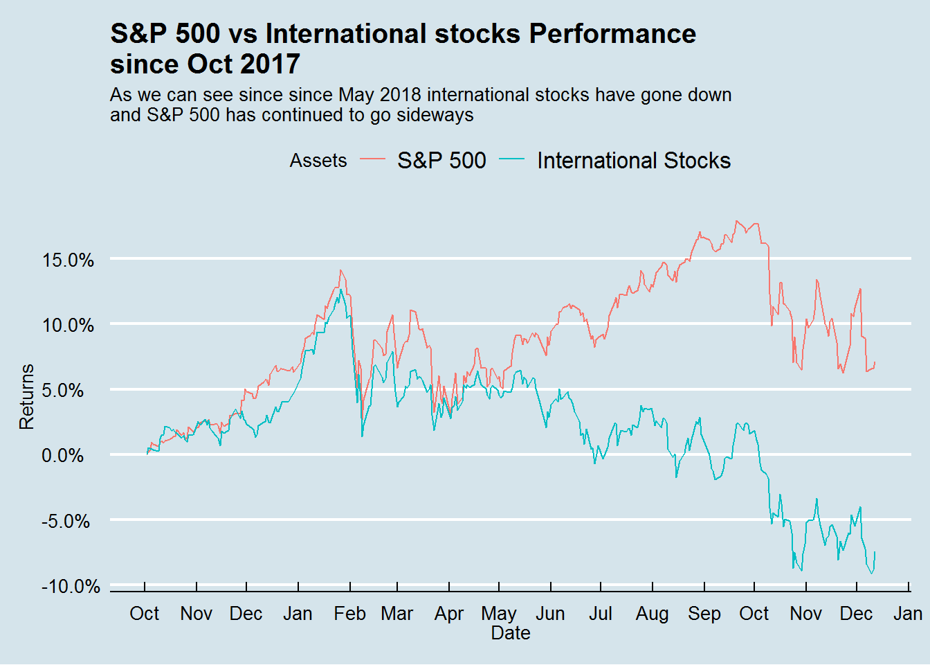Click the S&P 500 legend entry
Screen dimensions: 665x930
click(441, 161)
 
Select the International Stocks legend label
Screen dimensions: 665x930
click(633, 161)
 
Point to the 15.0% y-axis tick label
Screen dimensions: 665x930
click(68, 260)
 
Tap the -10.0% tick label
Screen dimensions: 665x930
click(71, 587)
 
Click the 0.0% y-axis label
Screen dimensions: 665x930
click(63, 456)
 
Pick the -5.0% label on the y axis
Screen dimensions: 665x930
click(66, 521)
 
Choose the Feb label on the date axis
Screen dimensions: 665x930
click(349, 614)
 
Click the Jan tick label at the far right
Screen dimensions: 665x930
click(908, 614)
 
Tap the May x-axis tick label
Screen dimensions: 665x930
click(499, 614)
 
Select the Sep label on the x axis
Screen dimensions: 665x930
click(704, 614)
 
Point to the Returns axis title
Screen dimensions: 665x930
click(26, 397)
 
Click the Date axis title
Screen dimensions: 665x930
click(511, 633)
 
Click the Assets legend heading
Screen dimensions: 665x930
click(318, 161)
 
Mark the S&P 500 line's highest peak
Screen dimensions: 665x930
click(736, 221)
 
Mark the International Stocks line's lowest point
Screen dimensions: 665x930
click(872, 573)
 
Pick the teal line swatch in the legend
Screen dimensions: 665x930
click(512, 161)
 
